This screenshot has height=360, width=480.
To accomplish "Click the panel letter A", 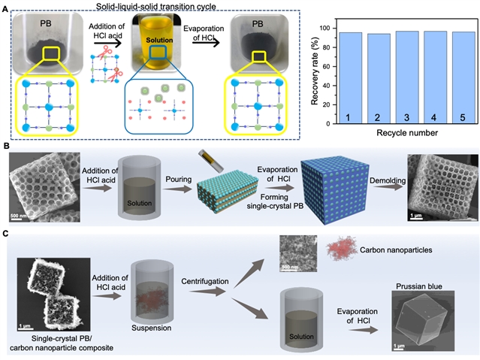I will tap(7, 7).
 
